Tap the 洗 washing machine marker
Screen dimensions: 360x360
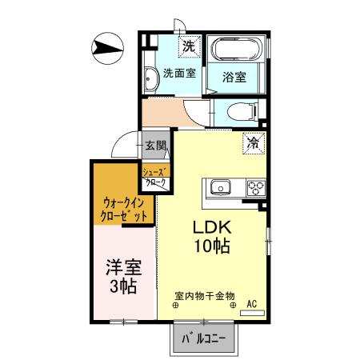[188, 46]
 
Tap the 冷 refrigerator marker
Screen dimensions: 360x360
[252, 144]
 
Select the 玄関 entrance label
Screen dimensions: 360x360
[155, 146]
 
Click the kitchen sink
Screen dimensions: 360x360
[220, 188]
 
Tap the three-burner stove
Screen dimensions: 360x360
[255, 188]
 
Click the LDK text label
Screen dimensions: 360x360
[210, 226]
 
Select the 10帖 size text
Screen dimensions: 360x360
[210, 246]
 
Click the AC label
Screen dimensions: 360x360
[251, 303]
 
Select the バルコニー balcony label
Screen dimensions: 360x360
[205, 339]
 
